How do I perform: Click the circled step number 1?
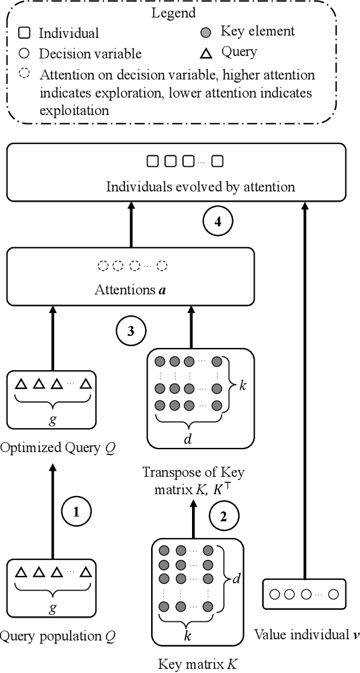(76, 512)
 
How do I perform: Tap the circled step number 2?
(224, 516)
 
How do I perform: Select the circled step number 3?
(131, 330)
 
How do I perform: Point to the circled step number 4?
(217, 222)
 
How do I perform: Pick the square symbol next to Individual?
(25, 33)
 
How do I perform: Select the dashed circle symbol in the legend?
(24, 74)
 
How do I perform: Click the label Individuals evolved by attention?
(200, 187)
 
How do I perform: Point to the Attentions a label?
(131, 290)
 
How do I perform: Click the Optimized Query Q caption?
(58, 448)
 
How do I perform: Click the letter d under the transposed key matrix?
(187, 439)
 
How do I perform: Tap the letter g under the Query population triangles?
(52, 607)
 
